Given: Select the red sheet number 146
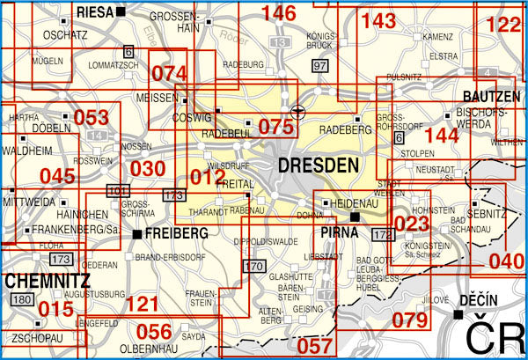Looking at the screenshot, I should pos(279,13).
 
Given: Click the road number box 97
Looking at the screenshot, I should pos(319,67).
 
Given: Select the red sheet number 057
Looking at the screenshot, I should pos(315,347).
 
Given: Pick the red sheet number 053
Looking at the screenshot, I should pos(91,118).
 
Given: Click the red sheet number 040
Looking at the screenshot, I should pos(506,261).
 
